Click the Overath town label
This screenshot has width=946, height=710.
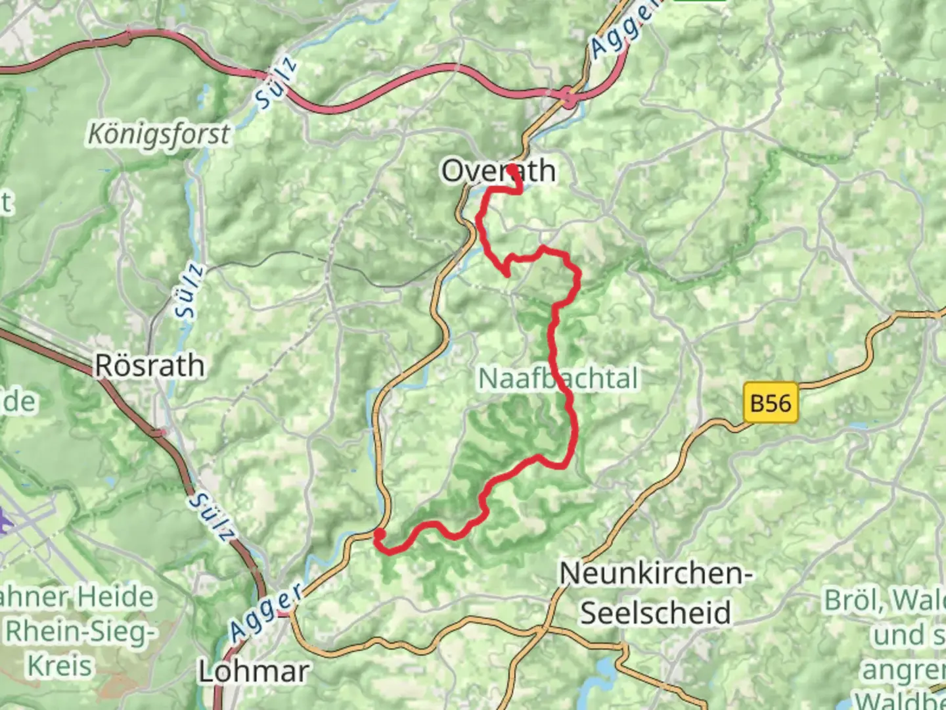(x=498, y=171)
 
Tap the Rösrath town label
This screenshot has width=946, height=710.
(x=150, y=366)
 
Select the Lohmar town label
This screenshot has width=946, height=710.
(x=254, y=672)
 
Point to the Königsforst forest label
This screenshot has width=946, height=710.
(x=159, y=134)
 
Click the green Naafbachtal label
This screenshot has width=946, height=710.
(x=558, y=379)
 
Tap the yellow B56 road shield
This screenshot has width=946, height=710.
(x=771, y=402)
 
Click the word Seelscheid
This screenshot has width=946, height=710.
(x=655, y=613)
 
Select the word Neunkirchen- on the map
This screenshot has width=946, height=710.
(x=655, y=573)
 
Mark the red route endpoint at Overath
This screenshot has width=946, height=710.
(x=512, y=169)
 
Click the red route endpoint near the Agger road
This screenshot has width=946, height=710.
(x=379, y=534)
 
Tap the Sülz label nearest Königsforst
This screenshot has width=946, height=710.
(x=277, y=84)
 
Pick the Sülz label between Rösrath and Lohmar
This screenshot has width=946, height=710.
(x=212, y=518)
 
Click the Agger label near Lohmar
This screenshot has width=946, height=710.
(x=267, y=611)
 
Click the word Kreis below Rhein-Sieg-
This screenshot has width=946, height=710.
(x=59, y=665)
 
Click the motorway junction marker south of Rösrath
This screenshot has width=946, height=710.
(x=158, y=432)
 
